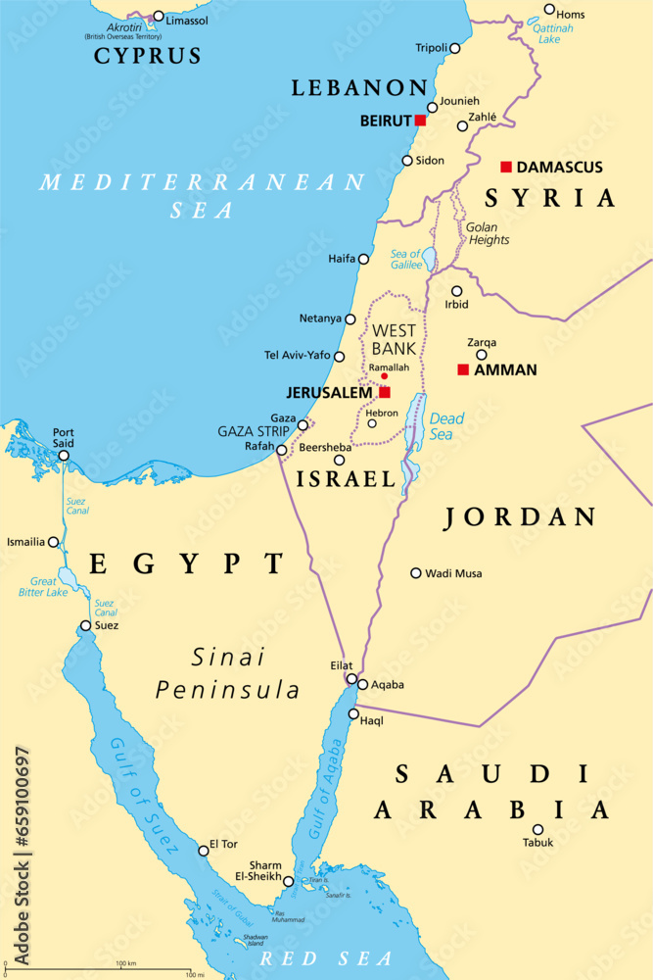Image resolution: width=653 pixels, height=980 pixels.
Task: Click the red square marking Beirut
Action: (420, 120)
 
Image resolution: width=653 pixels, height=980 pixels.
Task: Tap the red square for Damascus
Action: (506, 167)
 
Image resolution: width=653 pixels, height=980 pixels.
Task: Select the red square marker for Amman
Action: (463, 369)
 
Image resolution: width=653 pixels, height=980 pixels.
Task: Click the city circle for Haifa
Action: (363, 260)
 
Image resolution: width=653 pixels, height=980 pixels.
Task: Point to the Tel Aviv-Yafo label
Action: (298, 355)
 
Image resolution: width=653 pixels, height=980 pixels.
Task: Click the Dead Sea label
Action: (447, 426)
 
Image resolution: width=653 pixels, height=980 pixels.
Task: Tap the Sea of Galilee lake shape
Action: (429, 260)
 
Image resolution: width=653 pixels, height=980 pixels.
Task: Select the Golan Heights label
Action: (488, 233)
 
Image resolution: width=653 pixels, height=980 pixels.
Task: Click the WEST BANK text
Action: (395, 338)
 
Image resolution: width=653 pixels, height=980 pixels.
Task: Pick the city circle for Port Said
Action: (64, 456)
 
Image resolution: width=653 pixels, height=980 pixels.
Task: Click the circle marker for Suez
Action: (86, 625)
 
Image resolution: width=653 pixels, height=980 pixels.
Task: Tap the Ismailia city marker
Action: (54, 542)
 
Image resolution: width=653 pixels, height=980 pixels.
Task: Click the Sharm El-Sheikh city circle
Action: (288, 882)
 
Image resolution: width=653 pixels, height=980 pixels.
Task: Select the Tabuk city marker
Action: (537, 829)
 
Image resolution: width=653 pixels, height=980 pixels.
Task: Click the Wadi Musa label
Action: (453, 573)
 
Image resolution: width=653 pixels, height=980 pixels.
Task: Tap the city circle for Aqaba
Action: (362, 685)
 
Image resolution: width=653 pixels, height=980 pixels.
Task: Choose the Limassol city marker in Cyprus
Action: (159, 17)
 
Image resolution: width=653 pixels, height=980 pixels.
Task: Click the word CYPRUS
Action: (148, 56)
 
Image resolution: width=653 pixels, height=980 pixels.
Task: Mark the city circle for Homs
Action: (549, 10)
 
